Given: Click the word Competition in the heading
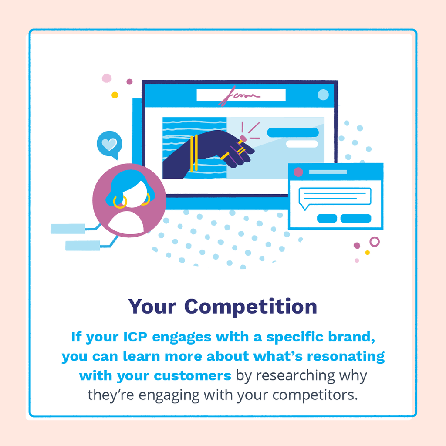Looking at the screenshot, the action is pos(250,307).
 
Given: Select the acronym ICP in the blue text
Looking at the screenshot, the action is pos(135,337).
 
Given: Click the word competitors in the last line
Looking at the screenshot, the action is pos(315,395).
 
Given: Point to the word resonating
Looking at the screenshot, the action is pos(345,357).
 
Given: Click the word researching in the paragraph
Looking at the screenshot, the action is pos(296,376).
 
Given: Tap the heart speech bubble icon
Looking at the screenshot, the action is pos(109,145).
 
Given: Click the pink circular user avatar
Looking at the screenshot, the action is pos(129,200).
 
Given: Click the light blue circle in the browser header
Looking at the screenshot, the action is pos(323,95).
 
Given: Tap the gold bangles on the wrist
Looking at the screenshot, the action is pos(194,154).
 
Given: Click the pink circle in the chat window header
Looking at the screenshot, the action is pos(298,172).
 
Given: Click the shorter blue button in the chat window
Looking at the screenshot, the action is pos(327,219).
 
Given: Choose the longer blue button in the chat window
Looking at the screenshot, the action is pos(356,219).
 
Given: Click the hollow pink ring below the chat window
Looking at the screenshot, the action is pos(375,242).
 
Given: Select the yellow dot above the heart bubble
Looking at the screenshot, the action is pos(115,95).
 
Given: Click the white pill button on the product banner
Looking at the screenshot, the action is pos(302,144).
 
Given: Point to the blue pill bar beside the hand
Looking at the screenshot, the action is pos(293,132).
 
